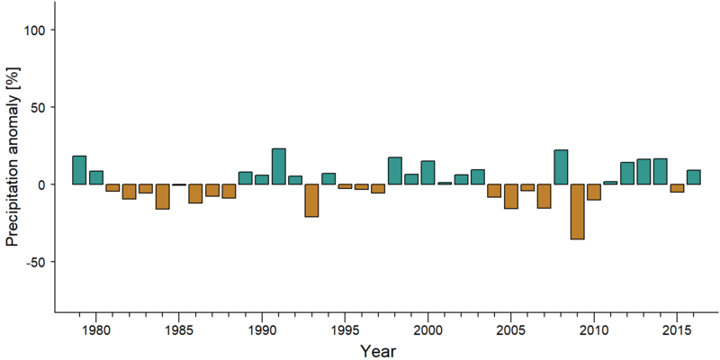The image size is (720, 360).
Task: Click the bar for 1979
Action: [79, 170]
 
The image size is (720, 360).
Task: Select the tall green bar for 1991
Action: [279, 166]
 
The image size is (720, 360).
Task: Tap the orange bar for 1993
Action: [311, 200]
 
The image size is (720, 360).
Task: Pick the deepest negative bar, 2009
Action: [578, 211]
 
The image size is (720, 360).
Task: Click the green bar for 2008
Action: [561, 167]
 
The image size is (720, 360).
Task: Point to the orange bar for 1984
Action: [162, 196]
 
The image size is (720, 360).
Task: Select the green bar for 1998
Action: [395, 171]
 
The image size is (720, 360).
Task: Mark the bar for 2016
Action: [694, 177]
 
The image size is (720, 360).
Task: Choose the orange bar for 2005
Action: [511, 196]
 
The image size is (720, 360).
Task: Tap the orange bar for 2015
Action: [678, 188]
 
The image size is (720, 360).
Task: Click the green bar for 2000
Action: [428, 173]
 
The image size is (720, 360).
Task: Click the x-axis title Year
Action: [377, 351]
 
